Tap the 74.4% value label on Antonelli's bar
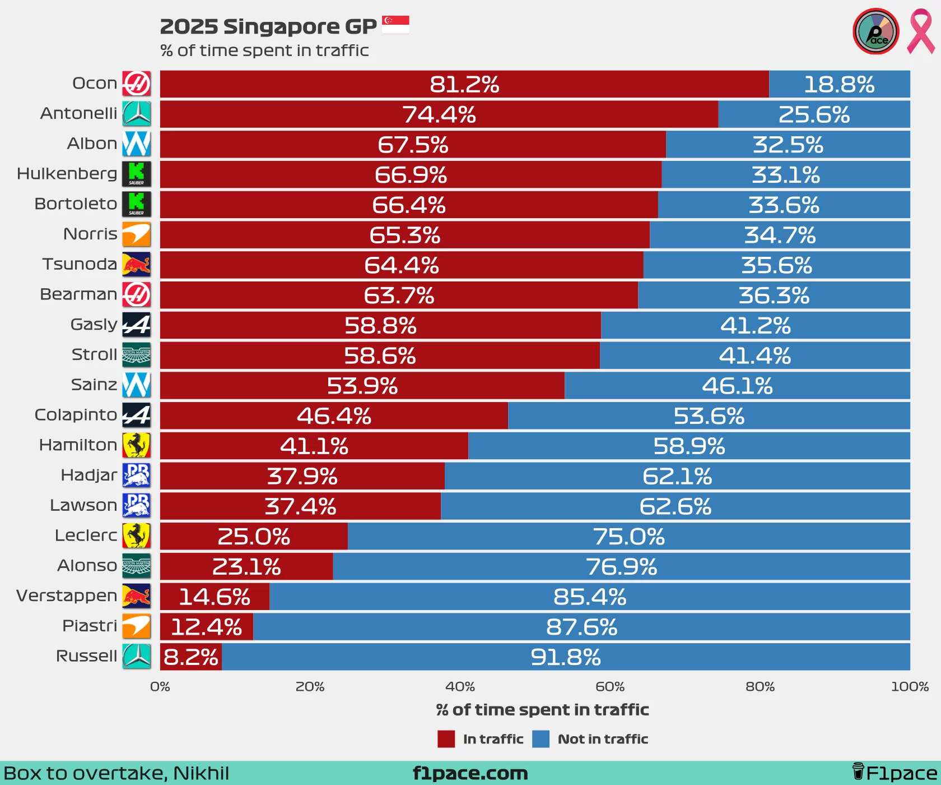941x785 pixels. (x=439, y=114)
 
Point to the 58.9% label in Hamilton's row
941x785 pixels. (x=689, y=446)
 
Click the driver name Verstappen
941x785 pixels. (x=67, y=595)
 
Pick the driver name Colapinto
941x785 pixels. (x=76, y=415)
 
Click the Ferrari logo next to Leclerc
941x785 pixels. (x=137, y=536)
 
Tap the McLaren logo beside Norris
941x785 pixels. (x=137, y=234)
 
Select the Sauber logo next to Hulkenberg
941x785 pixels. (x=137, y=174)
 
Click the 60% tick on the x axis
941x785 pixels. (x=610, y=687)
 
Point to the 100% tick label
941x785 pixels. (x=910, y=687)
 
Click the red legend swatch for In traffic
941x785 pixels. (x=446, y=739)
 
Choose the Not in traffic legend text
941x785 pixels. (x=603, y=739)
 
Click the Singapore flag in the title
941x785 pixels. (x=395, y=25)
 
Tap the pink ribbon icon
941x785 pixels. (x=920, y=31)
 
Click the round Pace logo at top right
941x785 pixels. (x=875, y=31)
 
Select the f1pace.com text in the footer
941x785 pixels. (x=470, y=773)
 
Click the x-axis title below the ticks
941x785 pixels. (x=542, y=710)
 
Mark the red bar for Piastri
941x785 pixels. (x=207, y=626)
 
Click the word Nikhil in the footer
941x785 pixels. (x=201, y=773)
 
